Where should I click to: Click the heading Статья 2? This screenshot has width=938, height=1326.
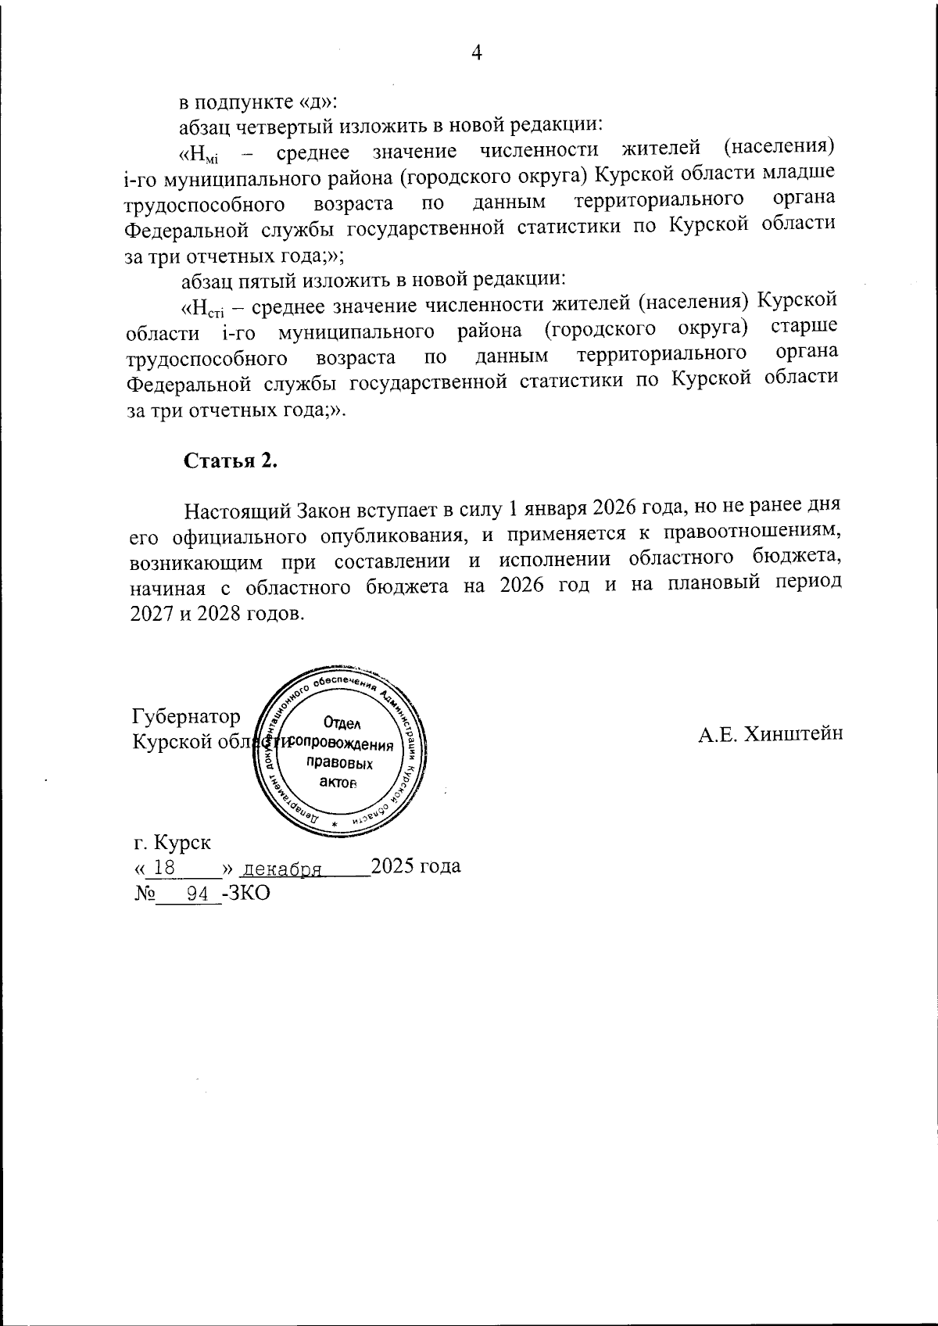click(231, 461)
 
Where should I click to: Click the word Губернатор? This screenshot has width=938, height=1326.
click(186, 716)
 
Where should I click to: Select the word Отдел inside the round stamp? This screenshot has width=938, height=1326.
click(342, 724)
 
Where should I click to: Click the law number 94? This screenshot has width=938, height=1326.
click(199, 892)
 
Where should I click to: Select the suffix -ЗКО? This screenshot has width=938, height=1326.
click(245, 892)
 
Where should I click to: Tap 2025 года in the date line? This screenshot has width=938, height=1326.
click(414, 866)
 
